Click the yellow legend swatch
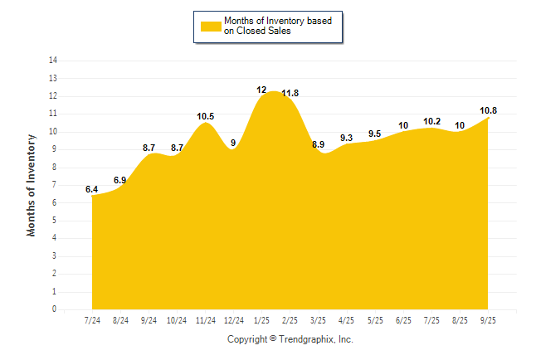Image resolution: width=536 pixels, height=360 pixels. (211, 26)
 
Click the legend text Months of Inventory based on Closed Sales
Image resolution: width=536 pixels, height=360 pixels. (280, 26)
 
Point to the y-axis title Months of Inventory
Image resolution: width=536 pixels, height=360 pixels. (32, 185)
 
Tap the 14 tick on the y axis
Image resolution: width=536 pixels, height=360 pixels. (53, 61)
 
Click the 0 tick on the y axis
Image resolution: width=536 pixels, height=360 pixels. (55, 309)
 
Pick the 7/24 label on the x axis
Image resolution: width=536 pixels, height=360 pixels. (92, 320)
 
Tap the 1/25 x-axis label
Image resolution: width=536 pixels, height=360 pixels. (262, 320)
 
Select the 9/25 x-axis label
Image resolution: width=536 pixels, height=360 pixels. (488, 320)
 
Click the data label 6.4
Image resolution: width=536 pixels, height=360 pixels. (92, 190)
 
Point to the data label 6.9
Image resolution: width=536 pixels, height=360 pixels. (120, 181)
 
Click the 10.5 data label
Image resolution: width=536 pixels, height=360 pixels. (206, 117)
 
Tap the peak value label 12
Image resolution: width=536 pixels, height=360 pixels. (261, 90)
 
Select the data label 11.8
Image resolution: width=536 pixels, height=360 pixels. (290, 94)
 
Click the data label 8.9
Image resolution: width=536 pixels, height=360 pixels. (319, 145)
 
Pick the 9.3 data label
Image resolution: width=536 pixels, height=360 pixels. (347, 138)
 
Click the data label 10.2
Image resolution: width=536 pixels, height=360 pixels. (431, 122)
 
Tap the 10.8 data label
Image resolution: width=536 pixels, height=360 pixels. (489, 111)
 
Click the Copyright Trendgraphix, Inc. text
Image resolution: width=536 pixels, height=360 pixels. (290, 339)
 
